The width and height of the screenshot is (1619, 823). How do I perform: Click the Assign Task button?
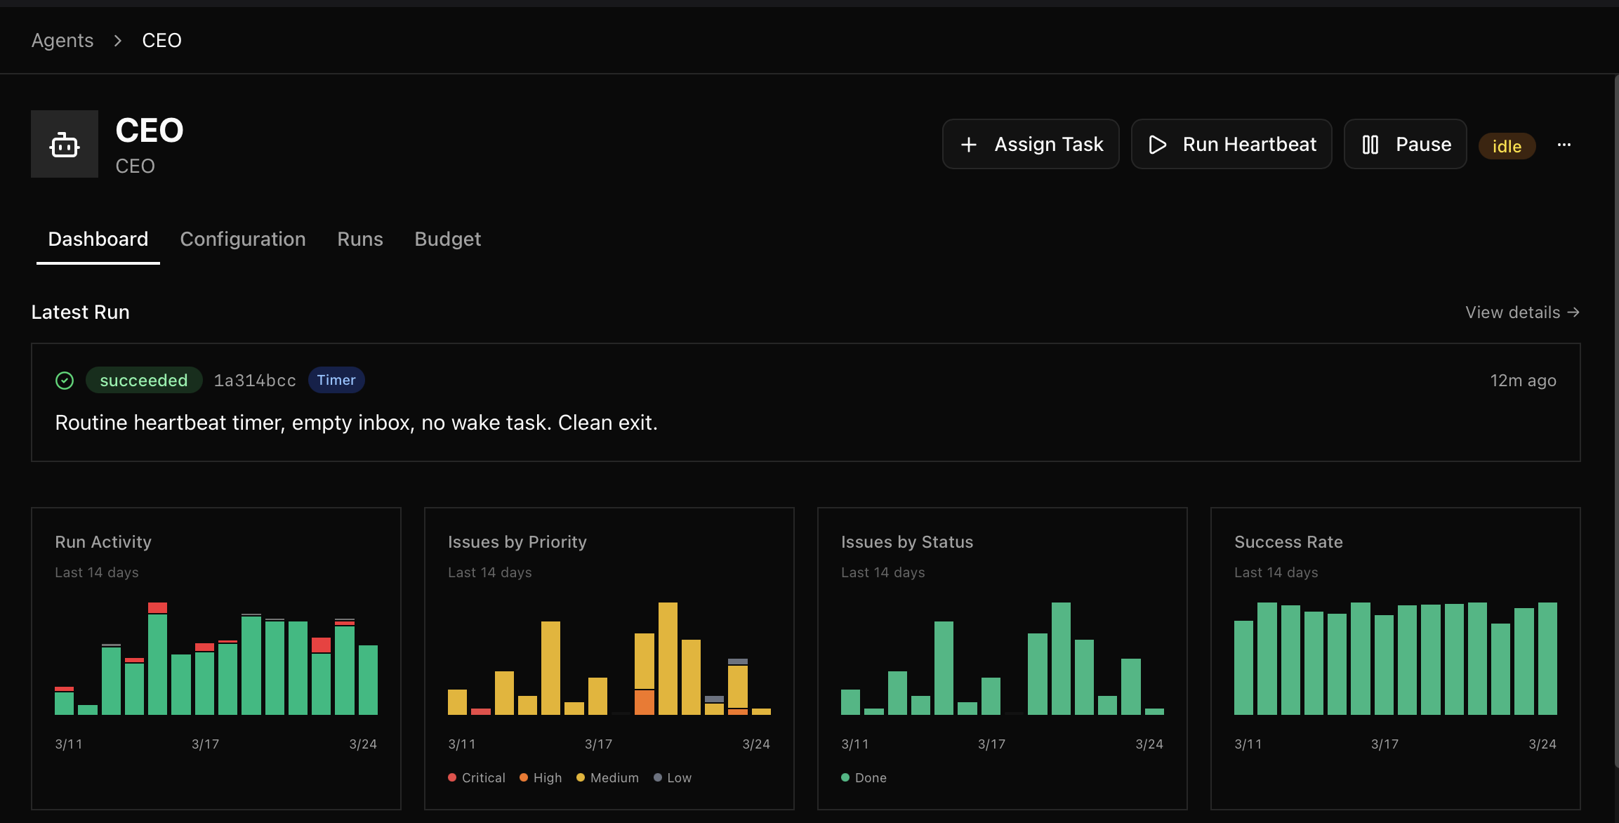(x=1030, y=144)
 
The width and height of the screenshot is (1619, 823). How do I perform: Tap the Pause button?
(x=1405, y=144)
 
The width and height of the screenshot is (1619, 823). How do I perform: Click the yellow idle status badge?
(x=1507, y=146)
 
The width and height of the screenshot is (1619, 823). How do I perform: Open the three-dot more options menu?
(x=1564, y=145)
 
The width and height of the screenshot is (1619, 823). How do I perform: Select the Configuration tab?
(x=242, y=239)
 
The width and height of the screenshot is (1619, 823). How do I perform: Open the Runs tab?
(x=359, y=239)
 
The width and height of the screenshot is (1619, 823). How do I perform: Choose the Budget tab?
(x=447, y=239)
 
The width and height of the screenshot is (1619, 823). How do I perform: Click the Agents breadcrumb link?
(x=62, y=40)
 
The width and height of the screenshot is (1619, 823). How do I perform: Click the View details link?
(x=1521, y=312)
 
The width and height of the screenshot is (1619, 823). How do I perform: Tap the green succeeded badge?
(x=143, y=380)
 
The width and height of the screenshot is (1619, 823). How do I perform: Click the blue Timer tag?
(x=336, y=380)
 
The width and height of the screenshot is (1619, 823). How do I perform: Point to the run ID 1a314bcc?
(x=254, y=380)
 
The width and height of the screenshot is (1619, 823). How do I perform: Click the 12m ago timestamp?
(x=1523, y=380)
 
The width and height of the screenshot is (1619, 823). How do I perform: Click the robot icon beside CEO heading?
(x=65, y=144)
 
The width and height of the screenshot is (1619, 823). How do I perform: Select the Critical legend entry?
(x=477, y=777)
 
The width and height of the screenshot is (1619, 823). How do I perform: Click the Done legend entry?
(x=864, y=777)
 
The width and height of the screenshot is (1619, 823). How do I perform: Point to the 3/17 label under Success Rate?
(x=1385, y=744)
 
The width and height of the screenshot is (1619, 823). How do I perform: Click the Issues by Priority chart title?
(x=517, y=541)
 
